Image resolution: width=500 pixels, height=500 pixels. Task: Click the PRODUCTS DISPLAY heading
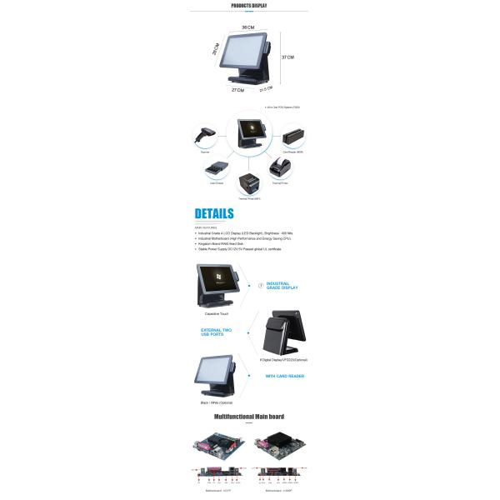249,6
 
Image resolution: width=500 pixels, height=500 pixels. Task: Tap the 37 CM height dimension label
288,57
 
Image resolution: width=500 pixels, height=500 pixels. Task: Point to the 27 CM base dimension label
237,90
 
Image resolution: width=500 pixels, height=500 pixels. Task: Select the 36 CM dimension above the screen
247,28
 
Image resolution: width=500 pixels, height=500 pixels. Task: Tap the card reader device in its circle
292,134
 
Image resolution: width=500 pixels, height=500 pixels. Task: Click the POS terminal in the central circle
249,133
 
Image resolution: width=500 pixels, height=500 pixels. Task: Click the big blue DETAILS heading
214,214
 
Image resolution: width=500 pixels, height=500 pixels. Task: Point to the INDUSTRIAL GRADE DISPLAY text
282,286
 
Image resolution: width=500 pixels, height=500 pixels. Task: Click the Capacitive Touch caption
217,312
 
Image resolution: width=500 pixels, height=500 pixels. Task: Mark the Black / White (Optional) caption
216,402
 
